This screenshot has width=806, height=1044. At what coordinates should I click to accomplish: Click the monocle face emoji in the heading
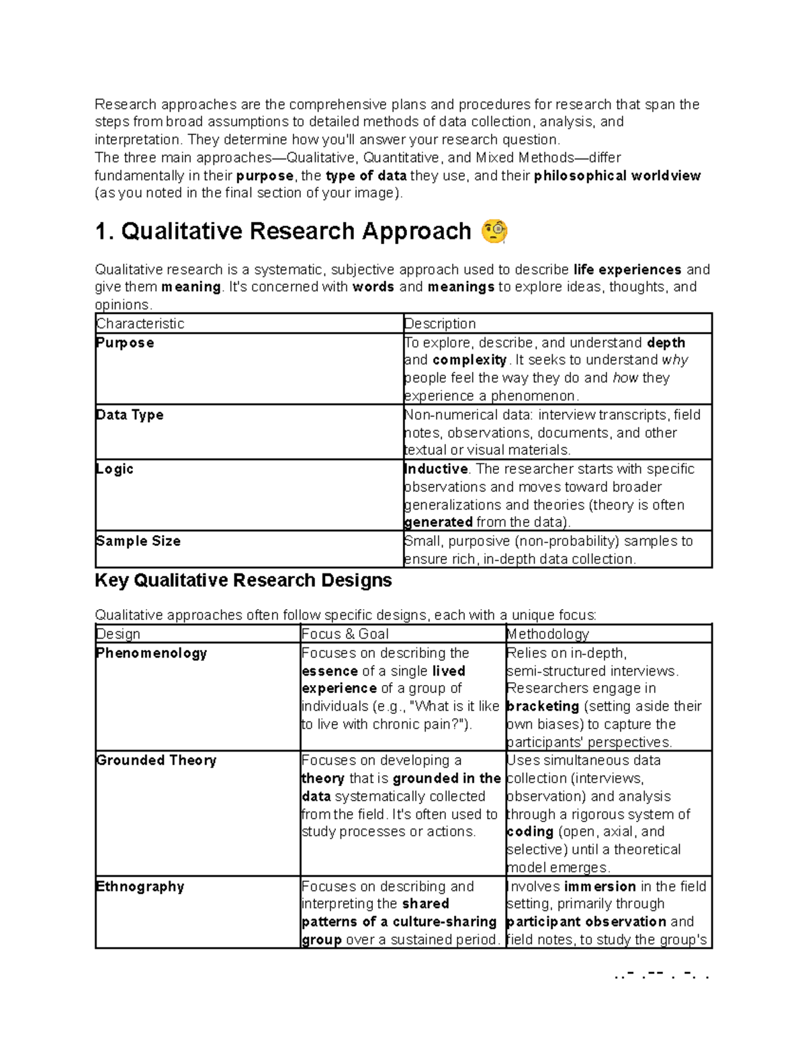coord(494,231)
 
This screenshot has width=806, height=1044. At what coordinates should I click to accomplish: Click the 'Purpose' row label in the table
coord(125,343)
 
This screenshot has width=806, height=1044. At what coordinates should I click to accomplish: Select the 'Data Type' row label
coord(130,415)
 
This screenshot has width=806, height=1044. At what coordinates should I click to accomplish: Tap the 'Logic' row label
coord(115,469)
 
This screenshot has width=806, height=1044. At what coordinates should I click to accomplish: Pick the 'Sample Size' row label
coord(138,541)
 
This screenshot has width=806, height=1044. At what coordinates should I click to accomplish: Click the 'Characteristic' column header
coord(140,323)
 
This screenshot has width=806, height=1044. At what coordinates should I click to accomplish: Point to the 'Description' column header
coord(440,323)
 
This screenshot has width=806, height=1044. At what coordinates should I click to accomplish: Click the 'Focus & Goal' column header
coord(345,634)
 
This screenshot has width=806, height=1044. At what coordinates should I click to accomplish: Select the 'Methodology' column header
coord(547,634)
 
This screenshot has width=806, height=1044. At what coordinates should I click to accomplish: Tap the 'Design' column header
coord(118,634)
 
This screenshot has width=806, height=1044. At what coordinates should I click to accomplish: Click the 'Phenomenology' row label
coord(152,653)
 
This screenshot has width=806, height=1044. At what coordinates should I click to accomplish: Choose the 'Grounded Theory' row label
coord(156,760)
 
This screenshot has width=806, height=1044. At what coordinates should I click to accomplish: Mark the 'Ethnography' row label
coord(140,886)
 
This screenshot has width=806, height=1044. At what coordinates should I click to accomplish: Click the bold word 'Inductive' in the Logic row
coord(436,469)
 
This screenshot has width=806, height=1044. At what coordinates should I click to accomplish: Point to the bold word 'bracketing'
coord(543,707)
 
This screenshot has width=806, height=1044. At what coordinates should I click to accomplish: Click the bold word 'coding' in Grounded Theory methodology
coord(530,832)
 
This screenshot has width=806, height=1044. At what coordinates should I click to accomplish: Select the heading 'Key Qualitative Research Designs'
coord(243,580)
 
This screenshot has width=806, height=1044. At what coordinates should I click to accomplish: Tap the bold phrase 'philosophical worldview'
coord(617,176)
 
